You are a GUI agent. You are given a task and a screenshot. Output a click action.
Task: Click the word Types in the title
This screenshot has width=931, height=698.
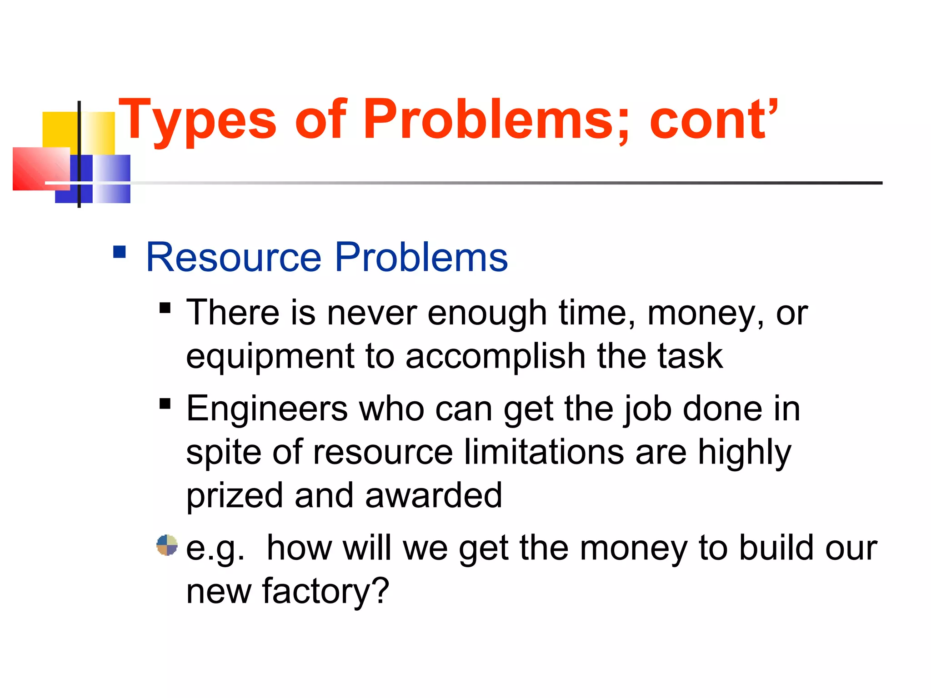[197, 120]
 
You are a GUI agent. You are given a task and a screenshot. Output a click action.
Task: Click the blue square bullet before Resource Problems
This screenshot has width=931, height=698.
[120, 252]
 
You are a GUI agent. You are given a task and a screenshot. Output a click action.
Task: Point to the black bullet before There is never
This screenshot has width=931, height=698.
[165, 308]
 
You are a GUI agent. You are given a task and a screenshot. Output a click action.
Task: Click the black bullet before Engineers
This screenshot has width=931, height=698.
[165, 404]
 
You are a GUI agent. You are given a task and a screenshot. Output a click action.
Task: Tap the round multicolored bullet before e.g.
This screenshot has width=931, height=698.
[167, 545]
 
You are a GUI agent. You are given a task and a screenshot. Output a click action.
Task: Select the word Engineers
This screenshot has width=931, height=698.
[267, 409]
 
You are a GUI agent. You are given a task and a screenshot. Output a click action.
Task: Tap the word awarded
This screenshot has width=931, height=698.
[434, 495]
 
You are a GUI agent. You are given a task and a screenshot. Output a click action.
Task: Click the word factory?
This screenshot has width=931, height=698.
[325, 592]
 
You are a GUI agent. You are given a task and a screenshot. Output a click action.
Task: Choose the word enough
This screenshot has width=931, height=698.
[487, 314]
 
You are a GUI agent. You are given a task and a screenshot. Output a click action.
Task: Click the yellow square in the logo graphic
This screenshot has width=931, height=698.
[59, 130]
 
